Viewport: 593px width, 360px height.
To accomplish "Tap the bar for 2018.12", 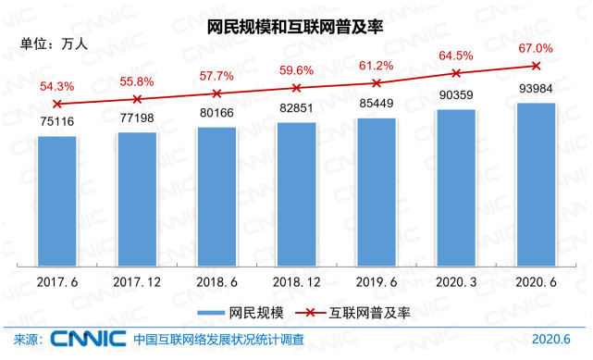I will pos(296,194).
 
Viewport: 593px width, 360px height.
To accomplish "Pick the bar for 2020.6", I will pos(535,185).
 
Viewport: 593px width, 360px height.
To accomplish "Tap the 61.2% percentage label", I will pos(376,66).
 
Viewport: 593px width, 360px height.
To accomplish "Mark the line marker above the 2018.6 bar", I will pos(216,93).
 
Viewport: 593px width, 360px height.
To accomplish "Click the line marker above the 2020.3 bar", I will pos(455,73).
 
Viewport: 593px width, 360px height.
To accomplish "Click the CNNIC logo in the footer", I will pos(89,340).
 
